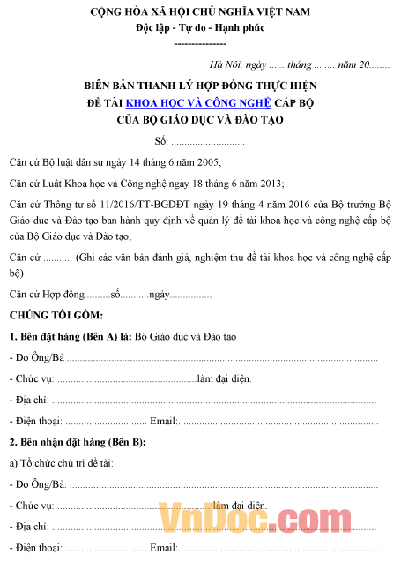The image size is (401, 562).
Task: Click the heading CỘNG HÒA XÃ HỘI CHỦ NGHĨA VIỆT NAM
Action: coord(200,11)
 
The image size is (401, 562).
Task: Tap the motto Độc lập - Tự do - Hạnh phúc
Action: coord(200,27)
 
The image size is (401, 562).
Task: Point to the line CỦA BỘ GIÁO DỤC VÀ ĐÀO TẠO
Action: coord(200,120)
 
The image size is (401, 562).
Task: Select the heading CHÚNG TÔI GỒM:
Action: coord(56,315)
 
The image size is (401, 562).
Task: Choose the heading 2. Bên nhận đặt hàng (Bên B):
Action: coord(78,441)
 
